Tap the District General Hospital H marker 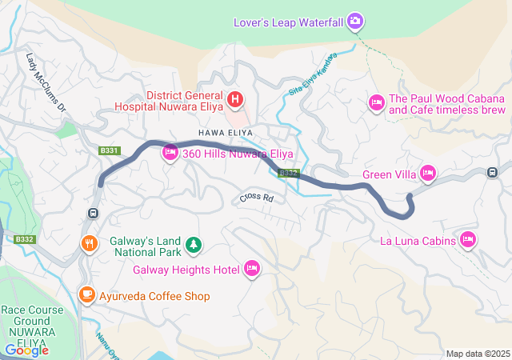[x=235, y=99]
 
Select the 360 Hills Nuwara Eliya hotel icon [x=170, y=152]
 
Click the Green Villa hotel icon [x=428, y=172]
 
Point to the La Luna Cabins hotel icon [x=469, y=239]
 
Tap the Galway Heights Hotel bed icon [x=252, y=268]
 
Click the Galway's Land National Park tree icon [x=192, y=243]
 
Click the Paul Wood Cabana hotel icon [x=376, y=102]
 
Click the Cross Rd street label [x=256, y=198]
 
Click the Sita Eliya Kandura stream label [x=310, y=77]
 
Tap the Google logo [x=26, y=350]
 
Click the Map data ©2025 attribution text [x=477, y=354]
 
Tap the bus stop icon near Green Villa [x=493, y=171]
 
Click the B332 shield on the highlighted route [x=288, y=173]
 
